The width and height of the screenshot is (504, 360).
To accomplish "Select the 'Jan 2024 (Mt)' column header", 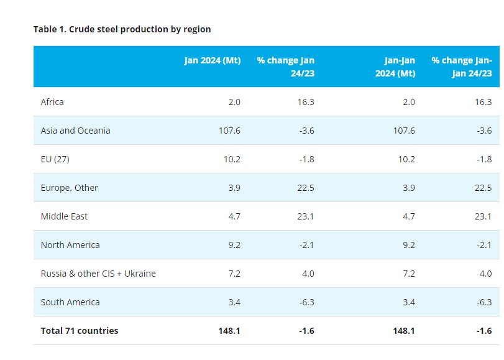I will (x=212, y=61).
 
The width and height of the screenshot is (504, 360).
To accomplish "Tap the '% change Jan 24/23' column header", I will (x=285, y=67).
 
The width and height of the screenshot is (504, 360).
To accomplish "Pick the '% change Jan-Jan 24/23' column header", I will (x=462, y=67).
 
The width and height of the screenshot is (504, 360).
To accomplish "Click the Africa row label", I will (x=52, y=102).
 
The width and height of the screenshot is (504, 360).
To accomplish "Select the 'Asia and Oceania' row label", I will (x=75, y=131).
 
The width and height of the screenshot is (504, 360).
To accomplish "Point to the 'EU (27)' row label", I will (x=55, y=159).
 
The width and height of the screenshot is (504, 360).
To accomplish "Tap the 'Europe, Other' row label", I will (x=69, y=188).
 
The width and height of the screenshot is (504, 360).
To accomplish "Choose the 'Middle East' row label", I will (x=64, y=216).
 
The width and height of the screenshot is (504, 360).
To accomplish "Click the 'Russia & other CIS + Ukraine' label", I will (x=98, y=274).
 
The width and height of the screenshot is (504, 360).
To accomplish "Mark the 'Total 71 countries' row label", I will (x=80, y=331).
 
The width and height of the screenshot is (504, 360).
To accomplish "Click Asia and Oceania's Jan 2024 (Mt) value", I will (x=229, y=131).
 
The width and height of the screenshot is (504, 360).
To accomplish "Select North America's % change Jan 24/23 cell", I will (x=305, y=245).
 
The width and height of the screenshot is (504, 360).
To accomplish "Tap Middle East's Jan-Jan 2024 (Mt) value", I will (x=408, y=216).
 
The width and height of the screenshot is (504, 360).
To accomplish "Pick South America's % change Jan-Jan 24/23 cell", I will (x=483, y=302).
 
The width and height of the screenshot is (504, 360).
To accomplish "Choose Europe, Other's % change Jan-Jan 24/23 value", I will (x=482, y=188).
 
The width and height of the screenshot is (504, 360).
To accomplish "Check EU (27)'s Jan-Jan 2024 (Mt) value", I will (x=406, y=159).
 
